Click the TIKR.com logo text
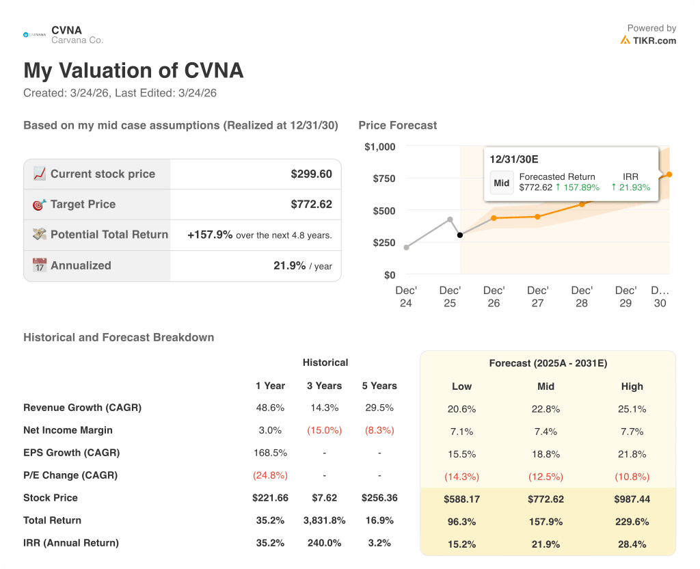tap(654, 40)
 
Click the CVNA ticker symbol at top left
tap(66, 30)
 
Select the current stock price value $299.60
tap(311, 174)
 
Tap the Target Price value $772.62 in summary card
tap(311, 204)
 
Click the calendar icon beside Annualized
tap(40, 265)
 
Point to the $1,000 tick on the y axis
tap(379, 146)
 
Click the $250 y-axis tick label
tap(383, 243)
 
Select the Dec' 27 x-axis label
tap(537, 296)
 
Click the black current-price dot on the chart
tap(460, 235)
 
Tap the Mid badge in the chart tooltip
tap(502, 183)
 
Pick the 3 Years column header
tap(324, 386)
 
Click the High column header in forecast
tap(632, 386)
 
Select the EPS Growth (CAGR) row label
tap(71, 453)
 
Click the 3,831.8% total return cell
tap(324, 520)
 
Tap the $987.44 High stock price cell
tap(632, 499)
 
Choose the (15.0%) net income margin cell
tap(324, 430)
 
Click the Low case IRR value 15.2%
tap(461, 544)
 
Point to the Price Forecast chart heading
tap(397, 125)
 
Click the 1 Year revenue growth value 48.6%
tap(270, 408)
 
